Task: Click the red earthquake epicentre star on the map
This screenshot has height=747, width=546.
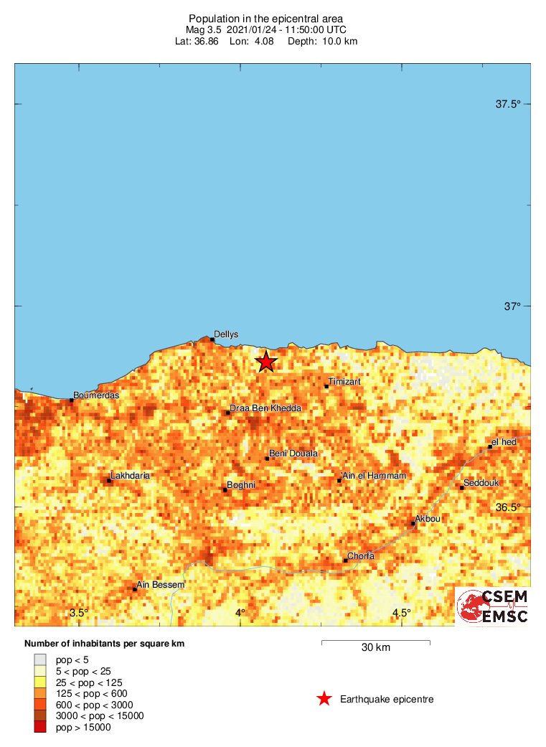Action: (x=266, y=362)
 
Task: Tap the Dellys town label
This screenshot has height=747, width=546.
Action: (x=226, y=334)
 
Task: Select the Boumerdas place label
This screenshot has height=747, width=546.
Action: (x=96, y=395)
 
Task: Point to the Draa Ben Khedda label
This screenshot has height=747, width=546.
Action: (x=265, y=408)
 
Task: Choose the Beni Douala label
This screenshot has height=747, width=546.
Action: (x=293, y=454)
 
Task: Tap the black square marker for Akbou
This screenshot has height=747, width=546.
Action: (x=413, y=523)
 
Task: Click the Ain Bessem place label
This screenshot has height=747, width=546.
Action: (x=161, y=585)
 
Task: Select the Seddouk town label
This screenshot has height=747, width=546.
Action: (x=481, y=483)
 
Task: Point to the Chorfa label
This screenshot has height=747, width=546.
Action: (x=361, y=556)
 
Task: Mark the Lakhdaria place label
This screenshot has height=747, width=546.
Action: (x=131, y=476)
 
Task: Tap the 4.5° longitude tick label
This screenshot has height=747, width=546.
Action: (x=401, y=613)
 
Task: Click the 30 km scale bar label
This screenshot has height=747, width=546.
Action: (x=375, y=648)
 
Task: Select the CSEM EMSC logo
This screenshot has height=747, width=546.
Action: (x=492, y=606)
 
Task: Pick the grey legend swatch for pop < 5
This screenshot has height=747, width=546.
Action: (x=40, y=659)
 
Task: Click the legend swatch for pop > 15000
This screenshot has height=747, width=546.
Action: (x=40, y=728)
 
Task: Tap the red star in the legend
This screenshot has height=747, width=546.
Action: (x=324, y=699)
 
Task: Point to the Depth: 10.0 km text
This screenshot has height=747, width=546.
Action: (x=322, y=41)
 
